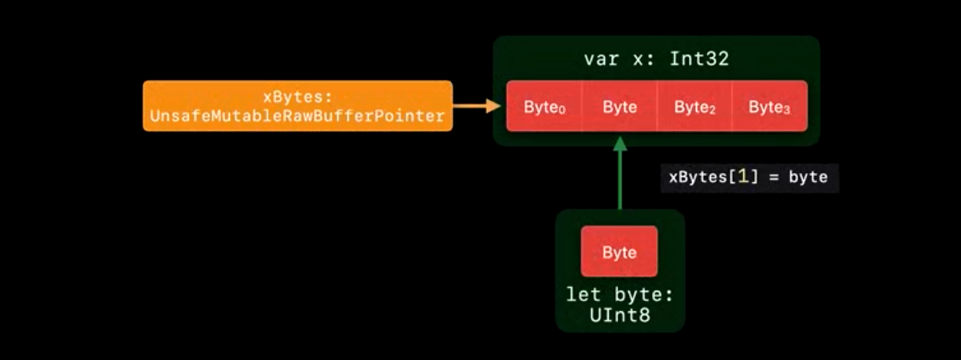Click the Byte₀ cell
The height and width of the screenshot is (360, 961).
pos(544,106)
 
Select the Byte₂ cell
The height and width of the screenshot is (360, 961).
pos(694,106)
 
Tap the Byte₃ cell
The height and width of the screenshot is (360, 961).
pos(770,106)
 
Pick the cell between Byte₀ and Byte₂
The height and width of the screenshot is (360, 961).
pos(620,106)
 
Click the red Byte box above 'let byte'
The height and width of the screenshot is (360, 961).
pos(619,252)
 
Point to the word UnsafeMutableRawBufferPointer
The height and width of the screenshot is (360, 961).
pos(297,116)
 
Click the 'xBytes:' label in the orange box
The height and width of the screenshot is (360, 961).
pos(298,97)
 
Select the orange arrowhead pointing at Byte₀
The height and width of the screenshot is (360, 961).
pos(493,106)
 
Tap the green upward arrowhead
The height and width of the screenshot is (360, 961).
pos(620,144)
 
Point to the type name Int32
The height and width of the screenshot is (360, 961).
pos(699,59)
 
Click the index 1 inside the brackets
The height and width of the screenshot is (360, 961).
pos(743,177)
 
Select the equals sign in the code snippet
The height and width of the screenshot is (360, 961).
pos(774,178)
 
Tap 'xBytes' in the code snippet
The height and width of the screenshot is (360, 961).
pos(698,177)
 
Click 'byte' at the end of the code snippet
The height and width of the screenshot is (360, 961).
pos(808,177)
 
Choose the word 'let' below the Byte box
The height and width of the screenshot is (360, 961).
pos(584,295)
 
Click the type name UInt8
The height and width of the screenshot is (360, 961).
pos(620,315)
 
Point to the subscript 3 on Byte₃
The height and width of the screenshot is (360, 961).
pos(786,110)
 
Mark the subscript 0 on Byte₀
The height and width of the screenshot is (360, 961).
pos(562,110)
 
